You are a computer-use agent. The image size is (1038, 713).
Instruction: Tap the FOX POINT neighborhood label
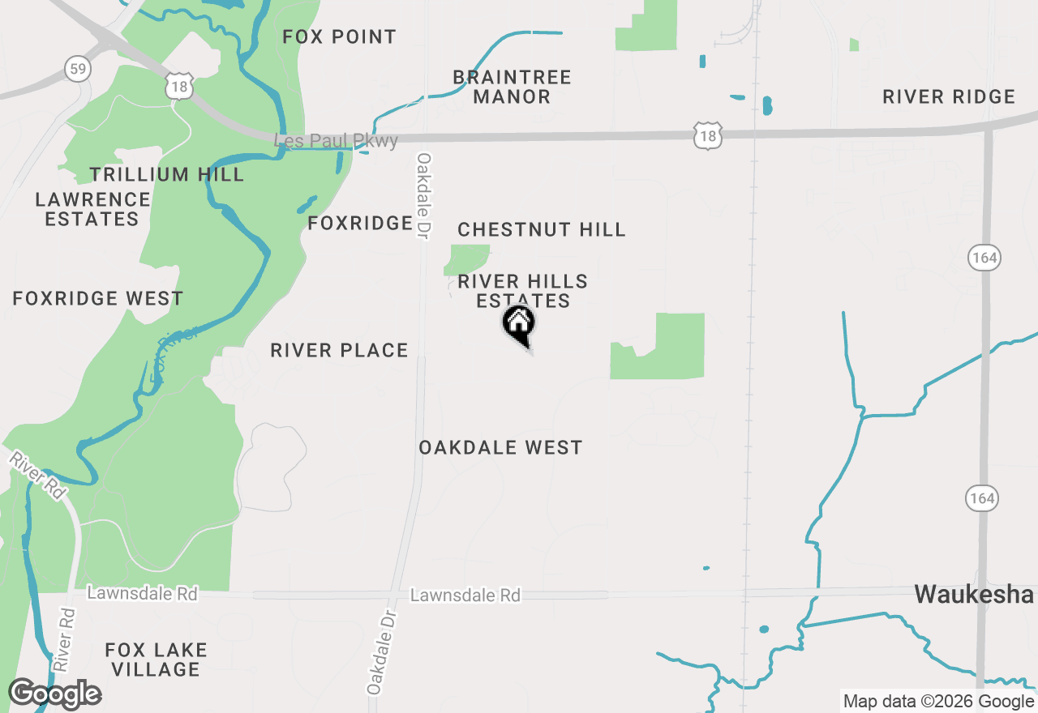point(339,36)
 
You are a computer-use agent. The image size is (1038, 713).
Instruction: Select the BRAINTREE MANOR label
point(512,87)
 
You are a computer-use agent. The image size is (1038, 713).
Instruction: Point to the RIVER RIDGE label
point(948,97)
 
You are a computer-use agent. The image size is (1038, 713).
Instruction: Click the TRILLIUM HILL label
point(166,174)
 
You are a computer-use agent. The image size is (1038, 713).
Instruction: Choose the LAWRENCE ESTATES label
point(92,209)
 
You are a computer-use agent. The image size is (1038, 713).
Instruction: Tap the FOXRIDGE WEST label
point(98,298)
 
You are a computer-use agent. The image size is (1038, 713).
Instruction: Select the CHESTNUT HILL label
point(542,229)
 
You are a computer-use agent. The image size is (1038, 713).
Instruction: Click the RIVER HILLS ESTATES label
point(523,291)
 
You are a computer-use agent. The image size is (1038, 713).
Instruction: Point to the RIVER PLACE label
point(339,350)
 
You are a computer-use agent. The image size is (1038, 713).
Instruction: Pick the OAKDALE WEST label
point(500,447)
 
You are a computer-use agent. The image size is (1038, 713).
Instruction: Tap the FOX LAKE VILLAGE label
point(157,660)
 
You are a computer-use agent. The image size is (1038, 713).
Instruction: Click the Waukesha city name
point(974,595)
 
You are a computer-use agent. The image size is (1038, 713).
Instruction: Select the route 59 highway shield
point(78,69)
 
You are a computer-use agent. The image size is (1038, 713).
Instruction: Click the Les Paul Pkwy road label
point(337,141)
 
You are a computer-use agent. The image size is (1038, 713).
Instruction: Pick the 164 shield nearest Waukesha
point(981,497)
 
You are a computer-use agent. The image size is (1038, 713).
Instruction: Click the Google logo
point(54,694)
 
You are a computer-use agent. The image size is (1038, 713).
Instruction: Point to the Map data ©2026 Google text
point(938,702)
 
